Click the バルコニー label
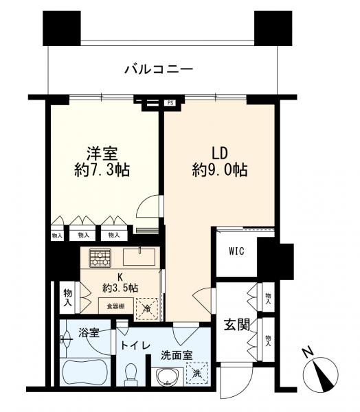coord(159,69)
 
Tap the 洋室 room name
coord(100,152)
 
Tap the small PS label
coord(170,104)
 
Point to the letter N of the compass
coord(307,354)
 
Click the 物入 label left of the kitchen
coord(68,295)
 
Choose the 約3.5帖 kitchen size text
coord(120,288)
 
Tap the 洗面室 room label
coord(177,356)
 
